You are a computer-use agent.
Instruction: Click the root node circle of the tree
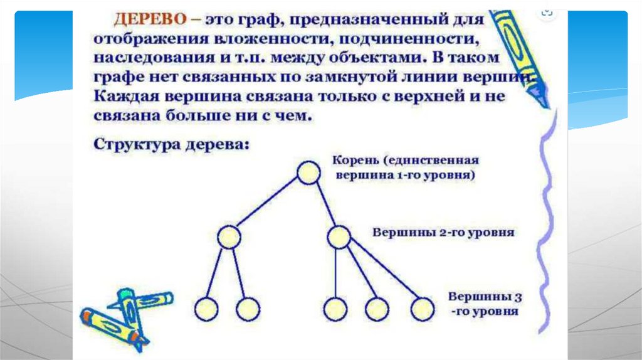[x=308, y=172]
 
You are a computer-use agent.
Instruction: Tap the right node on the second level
[x=339, y=236]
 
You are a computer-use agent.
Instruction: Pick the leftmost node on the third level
[x=206, y=309]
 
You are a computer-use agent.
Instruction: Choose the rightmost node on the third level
[x=422, y=309]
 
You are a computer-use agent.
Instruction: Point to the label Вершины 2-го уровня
[x=443, y=232]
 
